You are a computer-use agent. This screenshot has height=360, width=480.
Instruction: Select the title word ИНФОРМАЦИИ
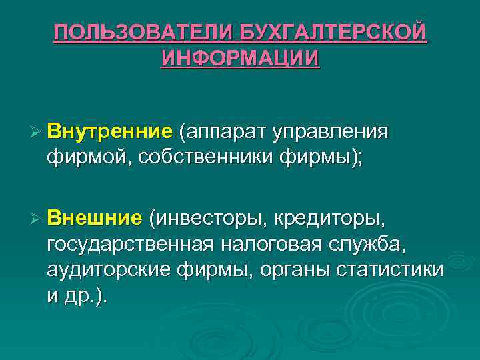pos(240,57)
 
